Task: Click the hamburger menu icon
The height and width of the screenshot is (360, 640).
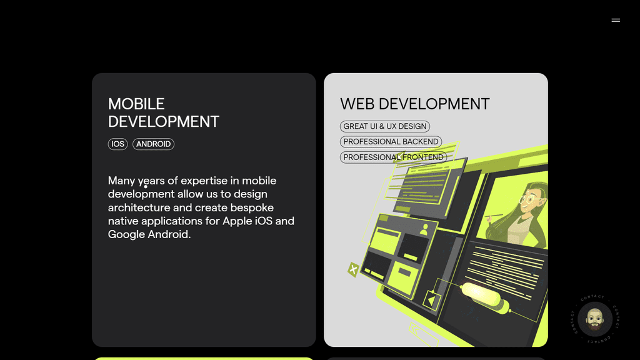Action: point(616,20)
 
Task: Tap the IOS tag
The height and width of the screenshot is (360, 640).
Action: point(117,144)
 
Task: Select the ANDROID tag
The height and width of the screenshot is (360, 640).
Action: point(154,144)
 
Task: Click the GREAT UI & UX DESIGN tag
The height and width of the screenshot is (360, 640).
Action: point(385,126)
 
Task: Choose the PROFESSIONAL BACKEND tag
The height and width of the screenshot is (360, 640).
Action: point(391,142)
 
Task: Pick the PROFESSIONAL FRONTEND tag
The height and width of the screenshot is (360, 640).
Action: point(394,157)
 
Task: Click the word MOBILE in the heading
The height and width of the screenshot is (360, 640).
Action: point(136,104)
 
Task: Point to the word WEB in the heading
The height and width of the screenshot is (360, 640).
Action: point(357,104)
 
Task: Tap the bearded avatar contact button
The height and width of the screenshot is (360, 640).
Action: point(595,319)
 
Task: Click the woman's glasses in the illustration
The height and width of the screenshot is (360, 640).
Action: point(529,199)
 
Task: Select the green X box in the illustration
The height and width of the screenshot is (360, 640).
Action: point(353,269)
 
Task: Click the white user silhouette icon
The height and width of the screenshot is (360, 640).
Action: point(424,229)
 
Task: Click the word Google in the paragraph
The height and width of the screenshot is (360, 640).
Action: point(126,234)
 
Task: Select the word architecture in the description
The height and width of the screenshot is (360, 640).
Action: point(139,207)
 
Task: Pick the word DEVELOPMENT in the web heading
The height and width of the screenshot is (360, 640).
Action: point(434,104)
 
